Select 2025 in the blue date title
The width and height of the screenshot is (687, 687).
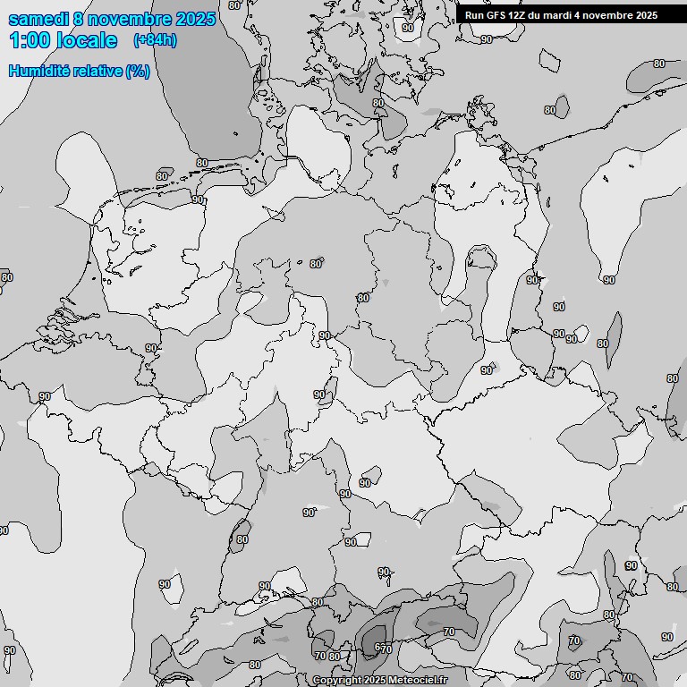(x=196, y=18)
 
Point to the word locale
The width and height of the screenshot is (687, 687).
(x=88, y=40)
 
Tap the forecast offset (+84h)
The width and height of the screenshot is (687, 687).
(x=155, y=40)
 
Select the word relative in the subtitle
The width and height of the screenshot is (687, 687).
(x=96, y=72)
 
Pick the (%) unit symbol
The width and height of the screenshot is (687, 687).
(x=137, y=72)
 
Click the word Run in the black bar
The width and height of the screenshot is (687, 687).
(x=474, y=15)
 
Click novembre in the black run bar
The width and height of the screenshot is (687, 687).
(x=608, y=15)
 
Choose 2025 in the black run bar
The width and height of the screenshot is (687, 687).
(x=646, y=15)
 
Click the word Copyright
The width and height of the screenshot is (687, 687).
(x=337, y=681)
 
